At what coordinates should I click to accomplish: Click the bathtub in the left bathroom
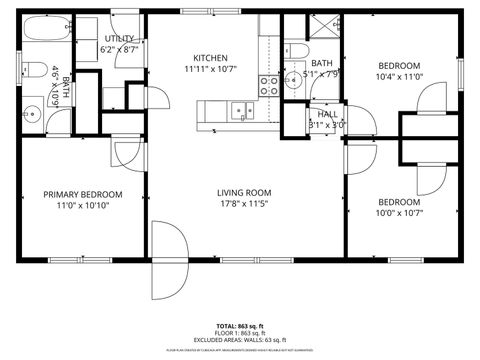tap(45, 33)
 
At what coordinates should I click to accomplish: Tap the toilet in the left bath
tap(33, 71)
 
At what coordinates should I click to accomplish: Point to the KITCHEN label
tap(211, 58)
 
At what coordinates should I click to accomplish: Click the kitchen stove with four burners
tap(270, 85)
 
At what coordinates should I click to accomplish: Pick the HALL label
tap(327, 114)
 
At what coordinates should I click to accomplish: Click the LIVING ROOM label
tap(245, 193)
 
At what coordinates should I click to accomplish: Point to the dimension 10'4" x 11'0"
tap(398, 76)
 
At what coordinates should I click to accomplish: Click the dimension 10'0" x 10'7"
tap(398, 213)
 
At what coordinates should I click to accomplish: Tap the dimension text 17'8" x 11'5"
tap(245, 205)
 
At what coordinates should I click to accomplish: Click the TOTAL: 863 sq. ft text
tap(239, 326)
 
